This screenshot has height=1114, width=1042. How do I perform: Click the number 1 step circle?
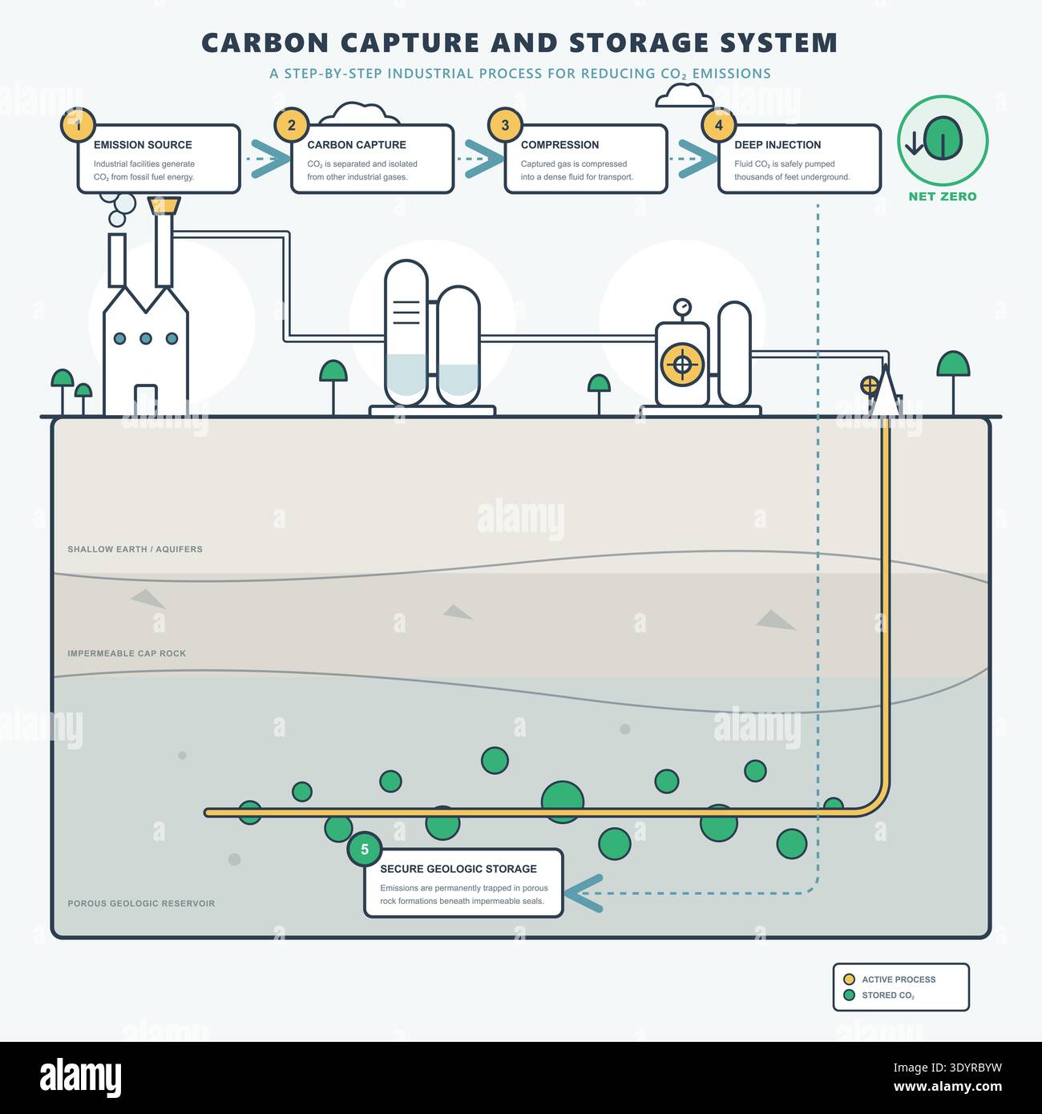(x=78, y=124)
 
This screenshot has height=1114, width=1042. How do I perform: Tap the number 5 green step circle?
(x=365, y=850)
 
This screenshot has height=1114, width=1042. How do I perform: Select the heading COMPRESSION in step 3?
(x=559, y=145)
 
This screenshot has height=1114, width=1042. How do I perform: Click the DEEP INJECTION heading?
(x=777, y=145)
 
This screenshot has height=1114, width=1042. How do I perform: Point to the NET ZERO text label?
(x=942, y=196)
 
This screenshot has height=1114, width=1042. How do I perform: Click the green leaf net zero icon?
(x=943, y=139)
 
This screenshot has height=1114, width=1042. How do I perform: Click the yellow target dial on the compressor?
(x=682, y=365)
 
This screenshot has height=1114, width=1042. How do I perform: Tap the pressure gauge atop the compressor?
(x=682, y=308)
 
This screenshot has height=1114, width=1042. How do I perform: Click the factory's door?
(x=145, y=400)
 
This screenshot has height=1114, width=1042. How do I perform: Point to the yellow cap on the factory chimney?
(x=164, y=205)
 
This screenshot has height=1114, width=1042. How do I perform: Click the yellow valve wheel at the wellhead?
(x=870, y=385)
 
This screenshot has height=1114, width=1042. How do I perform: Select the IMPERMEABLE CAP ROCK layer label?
(x=127, y=653)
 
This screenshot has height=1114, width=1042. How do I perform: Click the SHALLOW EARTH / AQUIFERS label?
(x=135, y=549)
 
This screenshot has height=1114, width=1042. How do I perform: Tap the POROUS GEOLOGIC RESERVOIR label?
(x=141, y=903)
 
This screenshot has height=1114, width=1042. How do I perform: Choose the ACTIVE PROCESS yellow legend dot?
(x=849, y=979)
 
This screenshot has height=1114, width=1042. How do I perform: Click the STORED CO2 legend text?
(x=888, y=995)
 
